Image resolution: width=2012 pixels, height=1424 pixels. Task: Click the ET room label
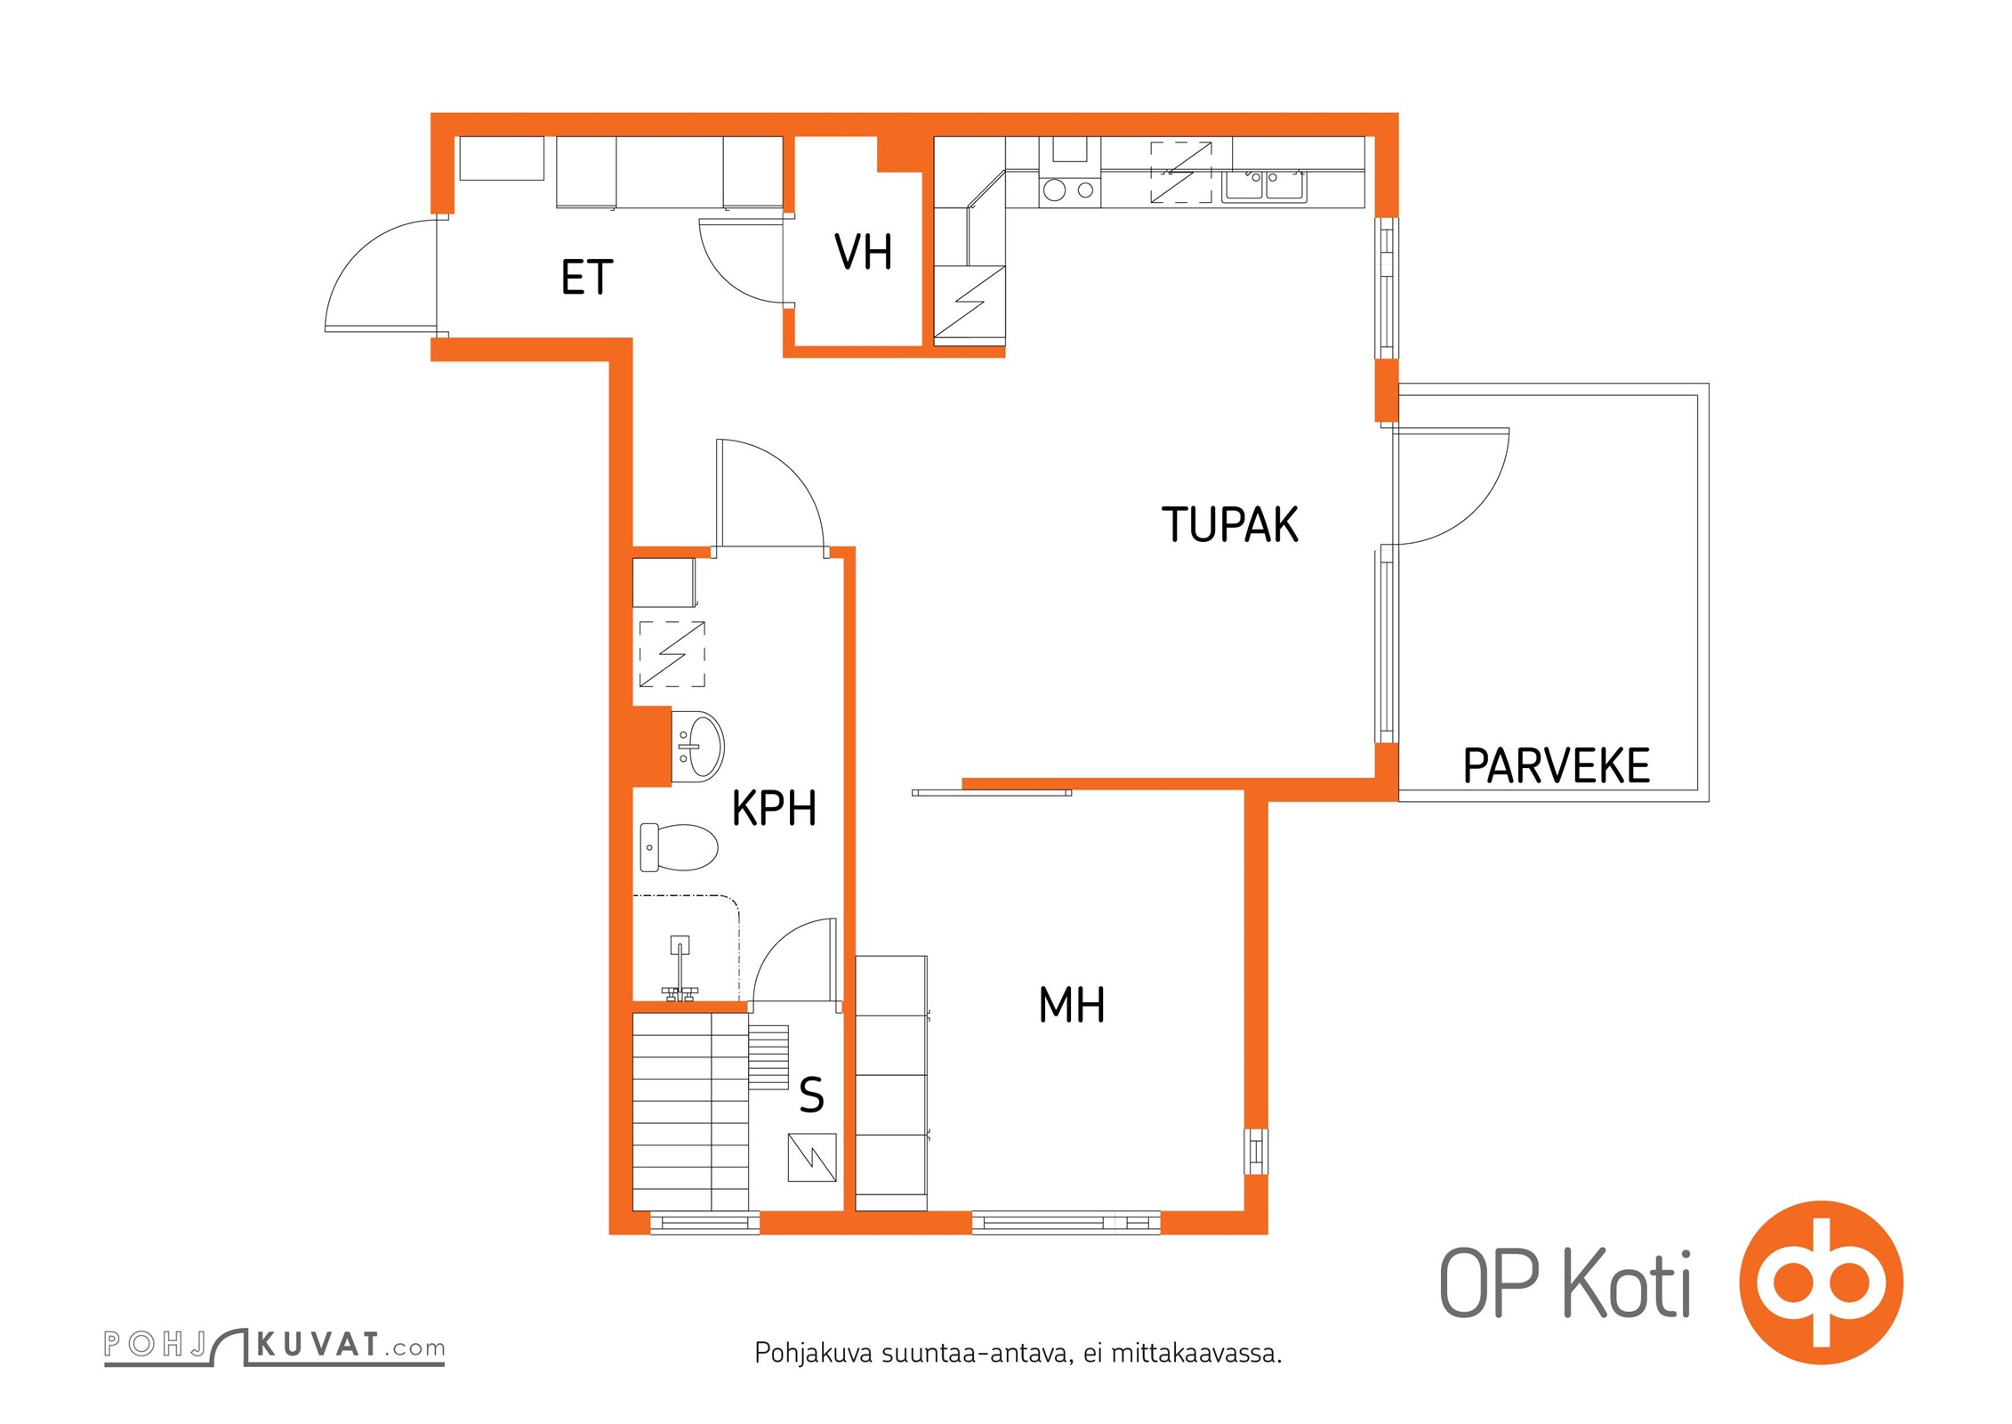587,278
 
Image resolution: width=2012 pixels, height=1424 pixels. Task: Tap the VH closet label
863,252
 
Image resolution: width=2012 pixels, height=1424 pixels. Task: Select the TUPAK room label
1229,524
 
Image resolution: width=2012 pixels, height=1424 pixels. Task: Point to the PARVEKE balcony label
1557,766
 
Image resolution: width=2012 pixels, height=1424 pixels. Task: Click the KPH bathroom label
774,808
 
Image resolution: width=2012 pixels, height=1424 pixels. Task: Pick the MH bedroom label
1072,1005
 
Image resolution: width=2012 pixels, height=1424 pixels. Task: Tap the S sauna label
811,1095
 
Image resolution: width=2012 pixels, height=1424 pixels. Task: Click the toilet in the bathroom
679,847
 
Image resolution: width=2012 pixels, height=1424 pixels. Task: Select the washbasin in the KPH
697,746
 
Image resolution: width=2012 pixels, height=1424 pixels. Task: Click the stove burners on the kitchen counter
1069,190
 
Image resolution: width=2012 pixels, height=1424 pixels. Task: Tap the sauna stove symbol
811,1157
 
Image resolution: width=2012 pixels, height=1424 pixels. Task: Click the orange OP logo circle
1821,1282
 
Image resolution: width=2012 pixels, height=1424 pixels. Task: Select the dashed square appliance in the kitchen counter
1181,172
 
